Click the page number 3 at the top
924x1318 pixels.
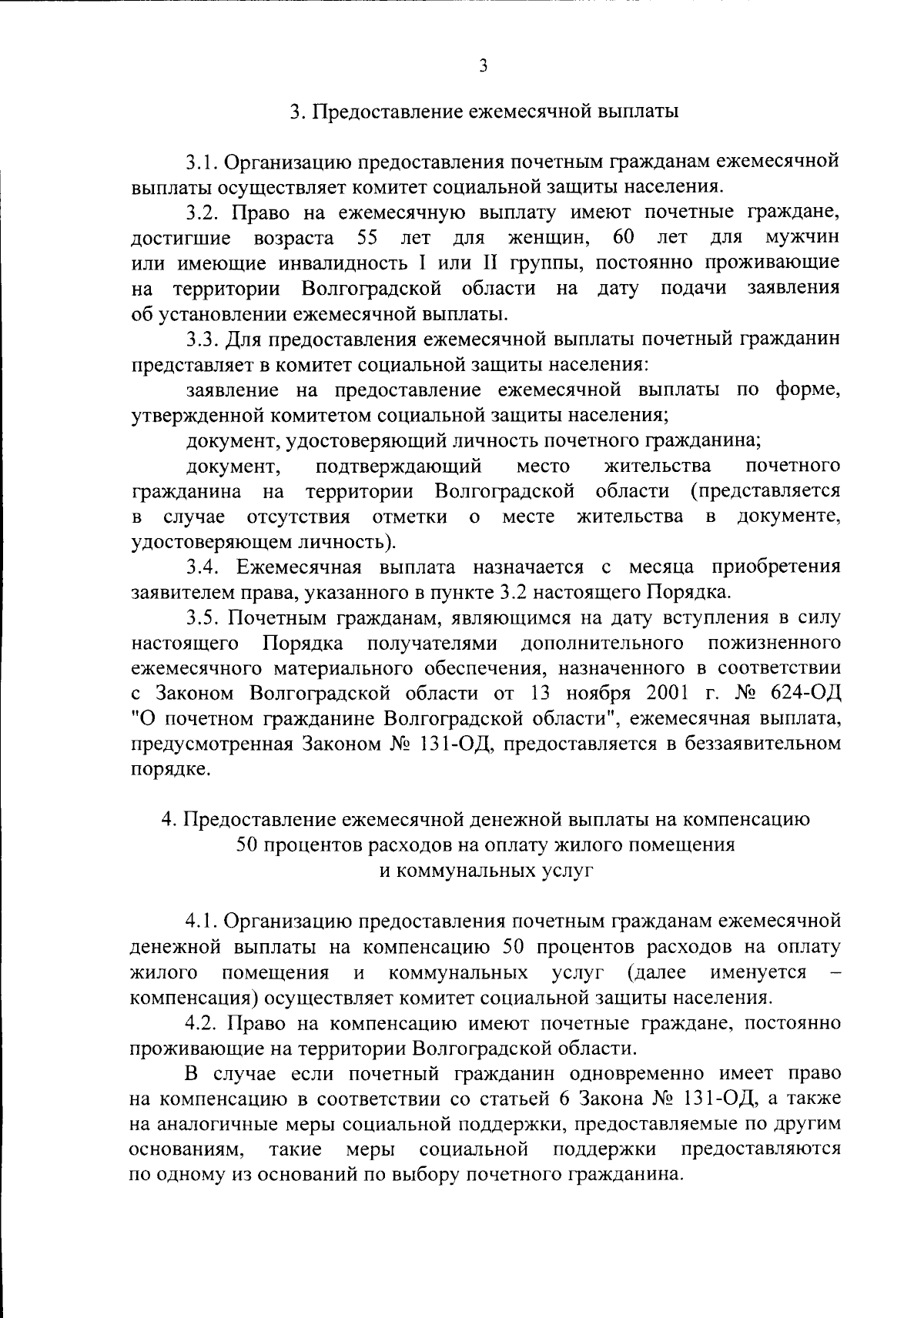[483, 65]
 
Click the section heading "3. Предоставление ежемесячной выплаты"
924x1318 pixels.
[484, 112]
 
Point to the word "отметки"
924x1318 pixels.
[410, 516]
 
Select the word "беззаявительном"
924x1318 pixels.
[760, 744]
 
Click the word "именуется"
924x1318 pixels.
[758, 972]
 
